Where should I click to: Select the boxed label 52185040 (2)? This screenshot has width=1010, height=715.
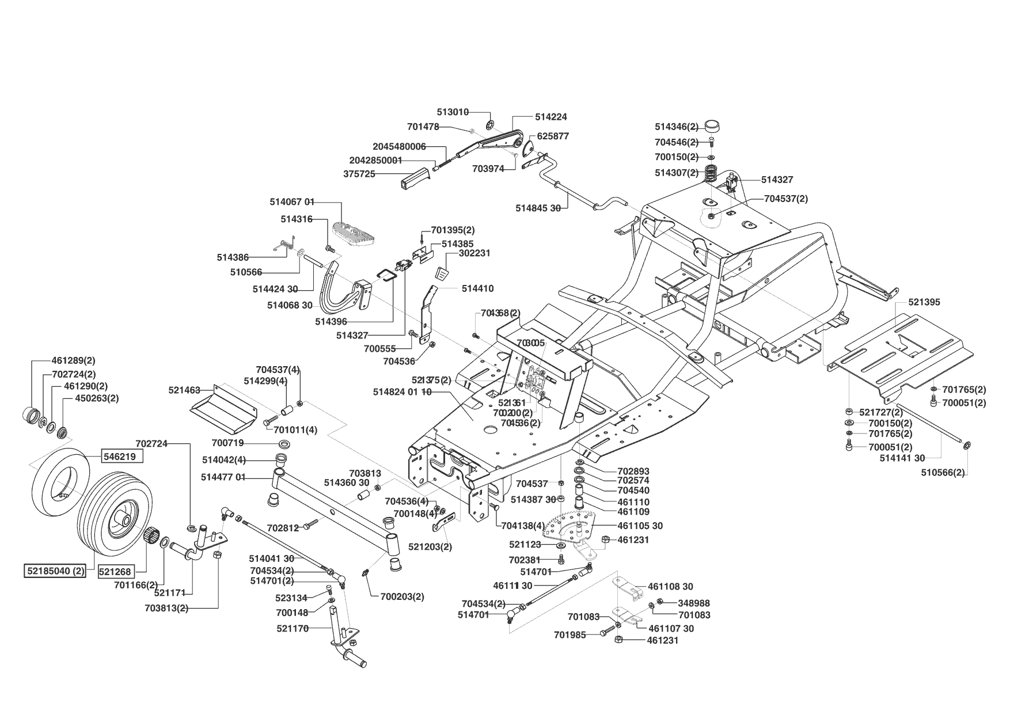(55, 572)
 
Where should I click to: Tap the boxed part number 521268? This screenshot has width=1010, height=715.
(115, 572)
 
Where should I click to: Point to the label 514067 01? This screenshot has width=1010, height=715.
(292, 202)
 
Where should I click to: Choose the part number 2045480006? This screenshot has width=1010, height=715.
(399, 147)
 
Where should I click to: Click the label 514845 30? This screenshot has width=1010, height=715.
(538, 208)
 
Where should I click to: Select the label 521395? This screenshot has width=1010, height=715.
(924, 302)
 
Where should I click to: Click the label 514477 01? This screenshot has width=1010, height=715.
(223, 477)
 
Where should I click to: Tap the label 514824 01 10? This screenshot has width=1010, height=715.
(402, 392)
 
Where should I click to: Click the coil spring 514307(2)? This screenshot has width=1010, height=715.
(711, 172)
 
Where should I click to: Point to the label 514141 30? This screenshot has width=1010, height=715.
(902, 458)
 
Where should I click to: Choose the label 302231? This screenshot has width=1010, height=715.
(474, 253)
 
